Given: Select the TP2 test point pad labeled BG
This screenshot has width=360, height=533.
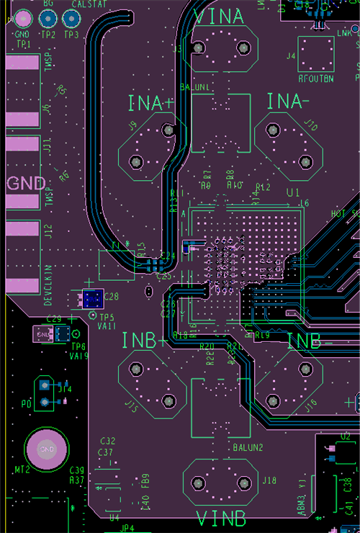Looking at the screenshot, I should click(48, 18).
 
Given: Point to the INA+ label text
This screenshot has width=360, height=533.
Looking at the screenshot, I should click(150, 103).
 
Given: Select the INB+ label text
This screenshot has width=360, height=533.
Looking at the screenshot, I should click(144, 340).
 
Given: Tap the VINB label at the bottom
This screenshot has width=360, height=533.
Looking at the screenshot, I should click(220, 519).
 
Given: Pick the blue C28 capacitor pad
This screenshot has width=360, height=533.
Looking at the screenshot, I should click(91, 297).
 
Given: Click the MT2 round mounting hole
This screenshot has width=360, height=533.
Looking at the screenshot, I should click(47, 449).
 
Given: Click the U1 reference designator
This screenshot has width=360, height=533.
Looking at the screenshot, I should click(292, 193).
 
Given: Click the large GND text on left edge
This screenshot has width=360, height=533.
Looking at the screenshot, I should click(26, 183).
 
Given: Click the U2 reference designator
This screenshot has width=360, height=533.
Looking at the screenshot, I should click(345, 436).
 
